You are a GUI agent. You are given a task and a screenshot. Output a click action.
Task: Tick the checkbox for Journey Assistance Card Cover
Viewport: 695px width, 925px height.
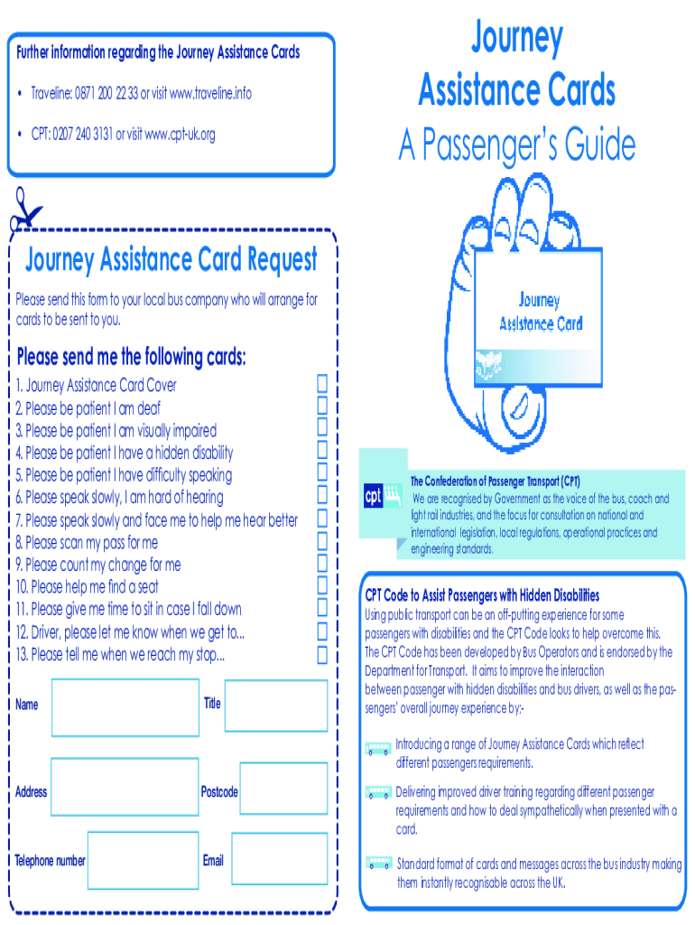tap(322, 383)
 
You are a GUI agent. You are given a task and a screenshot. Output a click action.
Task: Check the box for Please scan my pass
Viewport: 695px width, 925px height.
tap(322, 542)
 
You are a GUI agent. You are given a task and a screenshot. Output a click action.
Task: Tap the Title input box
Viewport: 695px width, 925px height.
tap(276, 705)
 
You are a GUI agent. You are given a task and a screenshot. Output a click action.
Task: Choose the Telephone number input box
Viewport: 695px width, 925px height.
tap(144, 860)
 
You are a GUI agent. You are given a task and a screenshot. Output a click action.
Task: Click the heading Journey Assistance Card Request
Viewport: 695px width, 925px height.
tap(171, 260)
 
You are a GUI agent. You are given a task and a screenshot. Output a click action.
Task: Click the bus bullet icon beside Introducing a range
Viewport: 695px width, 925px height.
tap(378, 749)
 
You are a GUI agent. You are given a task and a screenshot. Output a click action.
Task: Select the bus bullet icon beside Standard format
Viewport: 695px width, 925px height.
tap(379, 864)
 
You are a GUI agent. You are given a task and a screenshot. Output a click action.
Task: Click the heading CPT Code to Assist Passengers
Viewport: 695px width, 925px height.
tap(482, 595)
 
